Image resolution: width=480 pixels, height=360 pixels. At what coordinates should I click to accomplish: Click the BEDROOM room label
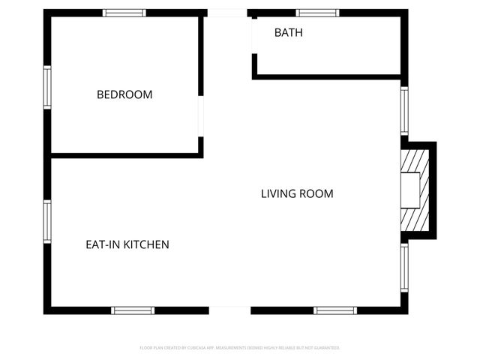(124, 94)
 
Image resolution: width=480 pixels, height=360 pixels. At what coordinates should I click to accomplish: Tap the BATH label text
(289, 33)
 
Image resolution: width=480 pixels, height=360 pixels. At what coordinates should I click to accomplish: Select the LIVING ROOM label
(297, 193)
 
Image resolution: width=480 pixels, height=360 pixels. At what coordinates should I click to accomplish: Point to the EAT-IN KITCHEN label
(127, 244)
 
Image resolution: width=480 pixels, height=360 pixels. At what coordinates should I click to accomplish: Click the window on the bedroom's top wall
(124, 13)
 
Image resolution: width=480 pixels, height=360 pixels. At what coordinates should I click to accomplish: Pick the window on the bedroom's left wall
(47, 88)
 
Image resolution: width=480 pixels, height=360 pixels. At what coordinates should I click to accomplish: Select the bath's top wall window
(317, 13)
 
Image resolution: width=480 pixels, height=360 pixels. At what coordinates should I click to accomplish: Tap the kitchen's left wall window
(47, 222)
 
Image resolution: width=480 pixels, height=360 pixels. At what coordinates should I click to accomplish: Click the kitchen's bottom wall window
(133, 310)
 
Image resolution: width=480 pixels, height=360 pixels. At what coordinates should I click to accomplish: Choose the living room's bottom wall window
(335, 310)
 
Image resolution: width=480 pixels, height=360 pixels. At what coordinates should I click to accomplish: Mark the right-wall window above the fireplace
(404, 110)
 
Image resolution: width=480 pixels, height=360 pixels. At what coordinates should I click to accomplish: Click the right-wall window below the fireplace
(404, 268)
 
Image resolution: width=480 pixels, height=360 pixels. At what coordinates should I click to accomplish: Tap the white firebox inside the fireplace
(409, 190)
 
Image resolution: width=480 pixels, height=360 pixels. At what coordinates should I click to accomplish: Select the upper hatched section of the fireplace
(415, 160)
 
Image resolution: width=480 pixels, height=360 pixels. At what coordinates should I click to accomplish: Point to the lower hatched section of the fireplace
(415, 219)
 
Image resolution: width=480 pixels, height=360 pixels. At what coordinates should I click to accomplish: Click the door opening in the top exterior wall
(226, 13)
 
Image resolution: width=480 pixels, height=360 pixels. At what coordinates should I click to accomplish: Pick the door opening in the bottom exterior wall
(229, 310)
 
